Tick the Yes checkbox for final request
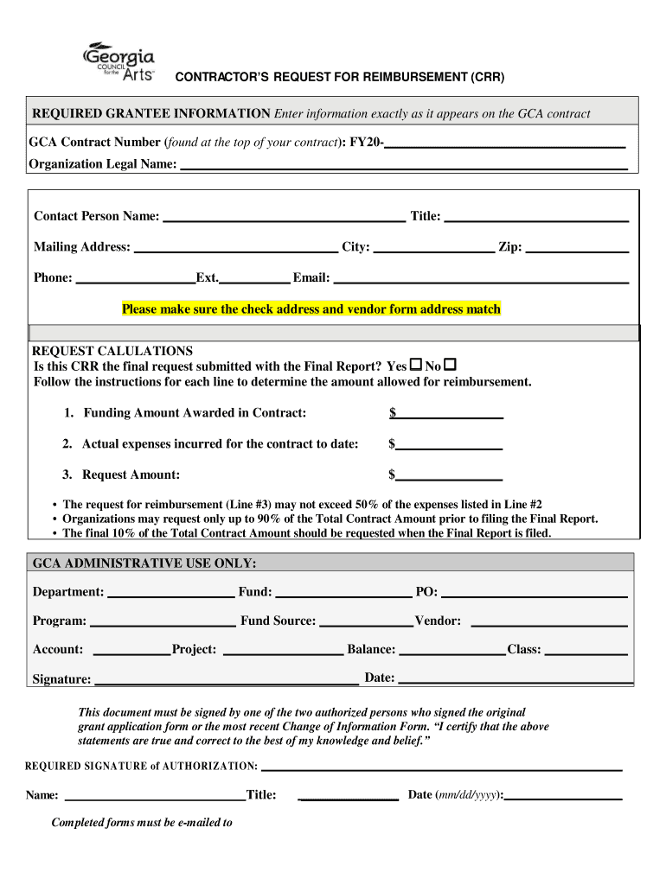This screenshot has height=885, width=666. (415, 365)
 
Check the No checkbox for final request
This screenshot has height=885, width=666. (449, 365)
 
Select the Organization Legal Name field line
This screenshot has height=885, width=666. (403, 165)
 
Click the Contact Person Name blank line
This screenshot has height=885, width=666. (285, 218)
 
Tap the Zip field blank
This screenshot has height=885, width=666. (577, 249)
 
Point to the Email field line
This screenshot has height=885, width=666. (481, 279)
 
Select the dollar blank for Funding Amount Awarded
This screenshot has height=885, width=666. (450, 415)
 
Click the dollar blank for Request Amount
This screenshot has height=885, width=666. (449, 476)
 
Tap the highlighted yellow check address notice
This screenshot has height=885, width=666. (311, 309)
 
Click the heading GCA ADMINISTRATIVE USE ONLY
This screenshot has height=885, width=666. (144, 563)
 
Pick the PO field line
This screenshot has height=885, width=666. (535, 594)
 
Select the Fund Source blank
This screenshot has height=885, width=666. (366, 622)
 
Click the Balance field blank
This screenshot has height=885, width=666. (451, 652)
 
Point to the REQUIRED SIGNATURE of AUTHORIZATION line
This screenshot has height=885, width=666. (441, 767)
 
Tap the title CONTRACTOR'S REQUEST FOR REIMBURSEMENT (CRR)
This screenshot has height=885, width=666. (340, 78)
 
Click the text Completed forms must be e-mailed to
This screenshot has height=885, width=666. (142, 823)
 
